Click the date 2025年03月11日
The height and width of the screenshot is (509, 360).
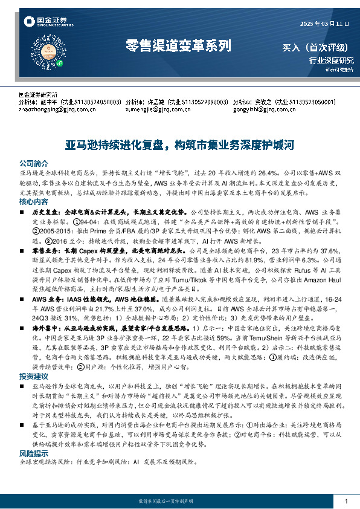click(x=325, y=23)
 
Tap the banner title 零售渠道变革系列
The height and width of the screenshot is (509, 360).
click(x=178, y=45)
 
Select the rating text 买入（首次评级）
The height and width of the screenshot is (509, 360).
click(x=318, y=47)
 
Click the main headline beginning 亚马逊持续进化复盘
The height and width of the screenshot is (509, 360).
click(x=179, y=145)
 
